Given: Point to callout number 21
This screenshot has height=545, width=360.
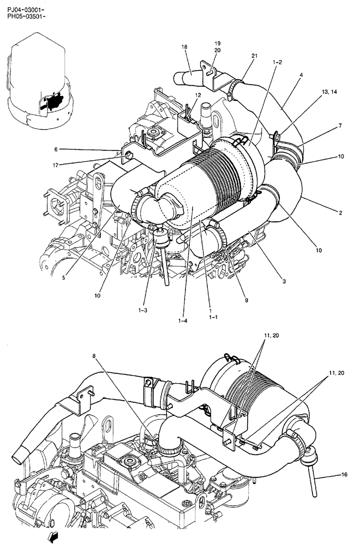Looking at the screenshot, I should (x=254, y=56).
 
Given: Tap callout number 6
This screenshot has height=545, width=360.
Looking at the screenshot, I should (x=56, y=149).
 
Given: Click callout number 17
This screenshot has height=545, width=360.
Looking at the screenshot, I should (x=56, y=165).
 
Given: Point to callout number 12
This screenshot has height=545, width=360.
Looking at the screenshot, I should (x=198, y=95).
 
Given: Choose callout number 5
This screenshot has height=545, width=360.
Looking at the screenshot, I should (x=63, y=277).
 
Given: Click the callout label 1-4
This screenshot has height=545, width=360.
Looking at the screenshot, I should (x=182, y=321).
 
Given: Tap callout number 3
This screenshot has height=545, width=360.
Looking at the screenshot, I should (x=284, y=281).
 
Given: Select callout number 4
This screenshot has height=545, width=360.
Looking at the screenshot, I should (x=301, y=75).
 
